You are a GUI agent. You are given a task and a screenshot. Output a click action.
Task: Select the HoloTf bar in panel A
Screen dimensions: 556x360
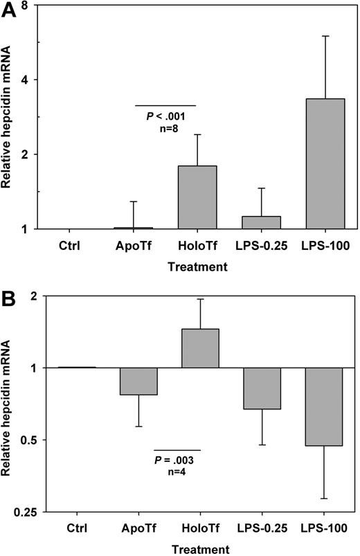point(198,197)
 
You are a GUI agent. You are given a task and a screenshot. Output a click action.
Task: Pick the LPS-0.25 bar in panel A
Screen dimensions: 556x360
point(262,222)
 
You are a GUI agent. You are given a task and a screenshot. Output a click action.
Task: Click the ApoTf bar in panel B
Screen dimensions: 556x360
point(138,382)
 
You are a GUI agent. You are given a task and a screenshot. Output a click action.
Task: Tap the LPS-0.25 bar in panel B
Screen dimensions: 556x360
point(262,388)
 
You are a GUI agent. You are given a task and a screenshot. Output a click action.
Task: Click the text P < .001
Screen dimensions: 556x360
point(166,116)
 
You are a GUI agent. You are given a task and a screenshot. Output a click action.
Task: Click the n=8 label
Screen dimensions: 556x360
point(166,128)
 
